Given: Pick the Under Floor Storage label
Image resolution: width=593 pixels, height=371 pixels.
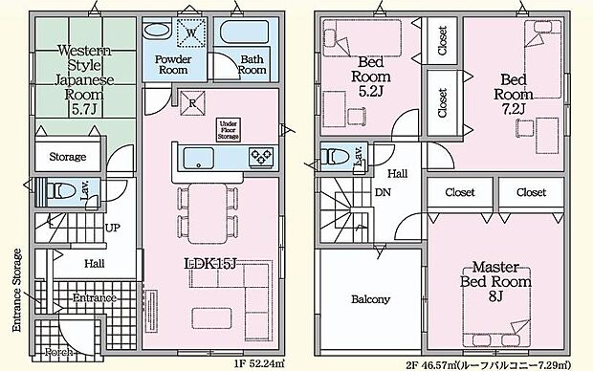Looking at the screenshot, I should pyautogui.click(x=228, y=129).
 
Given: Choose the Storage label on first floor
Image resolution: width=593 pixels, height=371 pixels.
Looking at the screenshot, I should pyautogui.click(x=68, y=156).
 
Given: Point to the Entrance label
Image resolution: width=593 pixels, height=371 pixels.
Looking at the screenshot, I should pyautogui.click(x=93, y=297).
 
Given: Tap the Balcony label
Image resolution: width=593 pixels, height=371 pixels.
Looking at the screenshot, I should pyautogui.click(x=370, y=299).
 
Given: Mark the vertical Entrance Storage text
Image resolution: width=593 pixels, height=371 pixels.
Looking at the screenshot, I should pyautogui.click(x=16, y=289).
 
